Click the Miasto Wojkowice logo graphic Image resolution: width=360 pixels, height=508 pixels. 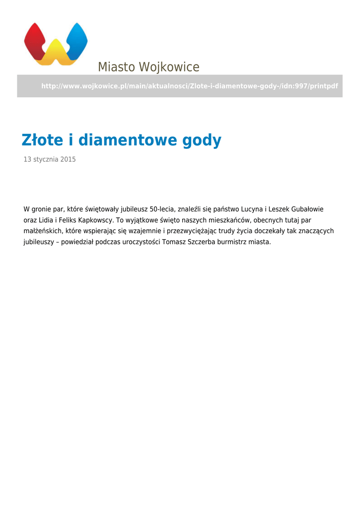56,44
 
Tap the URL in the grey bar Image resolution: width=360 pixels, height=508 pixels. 189,86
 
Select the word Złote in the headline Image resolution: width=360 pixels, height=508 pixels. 42,140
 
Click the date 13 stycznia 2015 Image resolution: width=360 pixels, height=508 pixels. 50,160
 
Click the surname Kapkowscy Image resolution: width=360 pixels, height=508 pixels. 98,220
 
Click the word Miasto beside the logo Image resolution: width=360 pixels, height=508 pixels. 116,67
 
